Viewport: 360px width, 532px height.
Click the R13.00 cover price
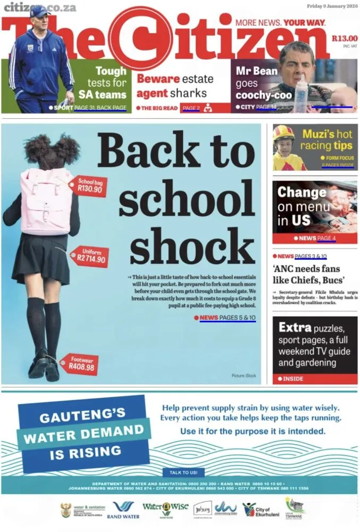tap(345, 38)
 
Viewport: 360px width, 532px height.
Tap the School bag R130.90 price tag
tap(89, 186)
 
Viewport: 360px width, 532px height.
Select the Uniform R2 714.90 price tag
tap(91, 256)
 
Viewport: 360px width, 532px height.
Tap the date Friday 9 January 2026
tap(332, 6)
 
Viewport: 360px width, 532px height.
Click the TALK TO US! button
tap(183, 472)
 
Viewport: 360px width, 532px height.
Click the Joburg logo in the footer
tap(202, 509)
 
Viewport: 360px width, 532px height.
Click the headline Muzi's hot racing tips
tap(326, 140)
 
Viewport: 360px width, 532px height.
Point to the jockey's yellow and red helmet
tap(283, 132)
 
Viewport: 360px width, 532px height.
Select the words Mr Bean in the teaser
tap(257, 71)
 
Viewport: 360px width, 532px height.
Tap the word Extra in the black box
tap(295, 327)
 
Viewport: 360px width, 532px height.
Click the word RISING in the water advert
tap(85, 453)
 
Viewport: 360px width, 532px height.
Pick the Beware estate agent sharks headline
tap(175, 86)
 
